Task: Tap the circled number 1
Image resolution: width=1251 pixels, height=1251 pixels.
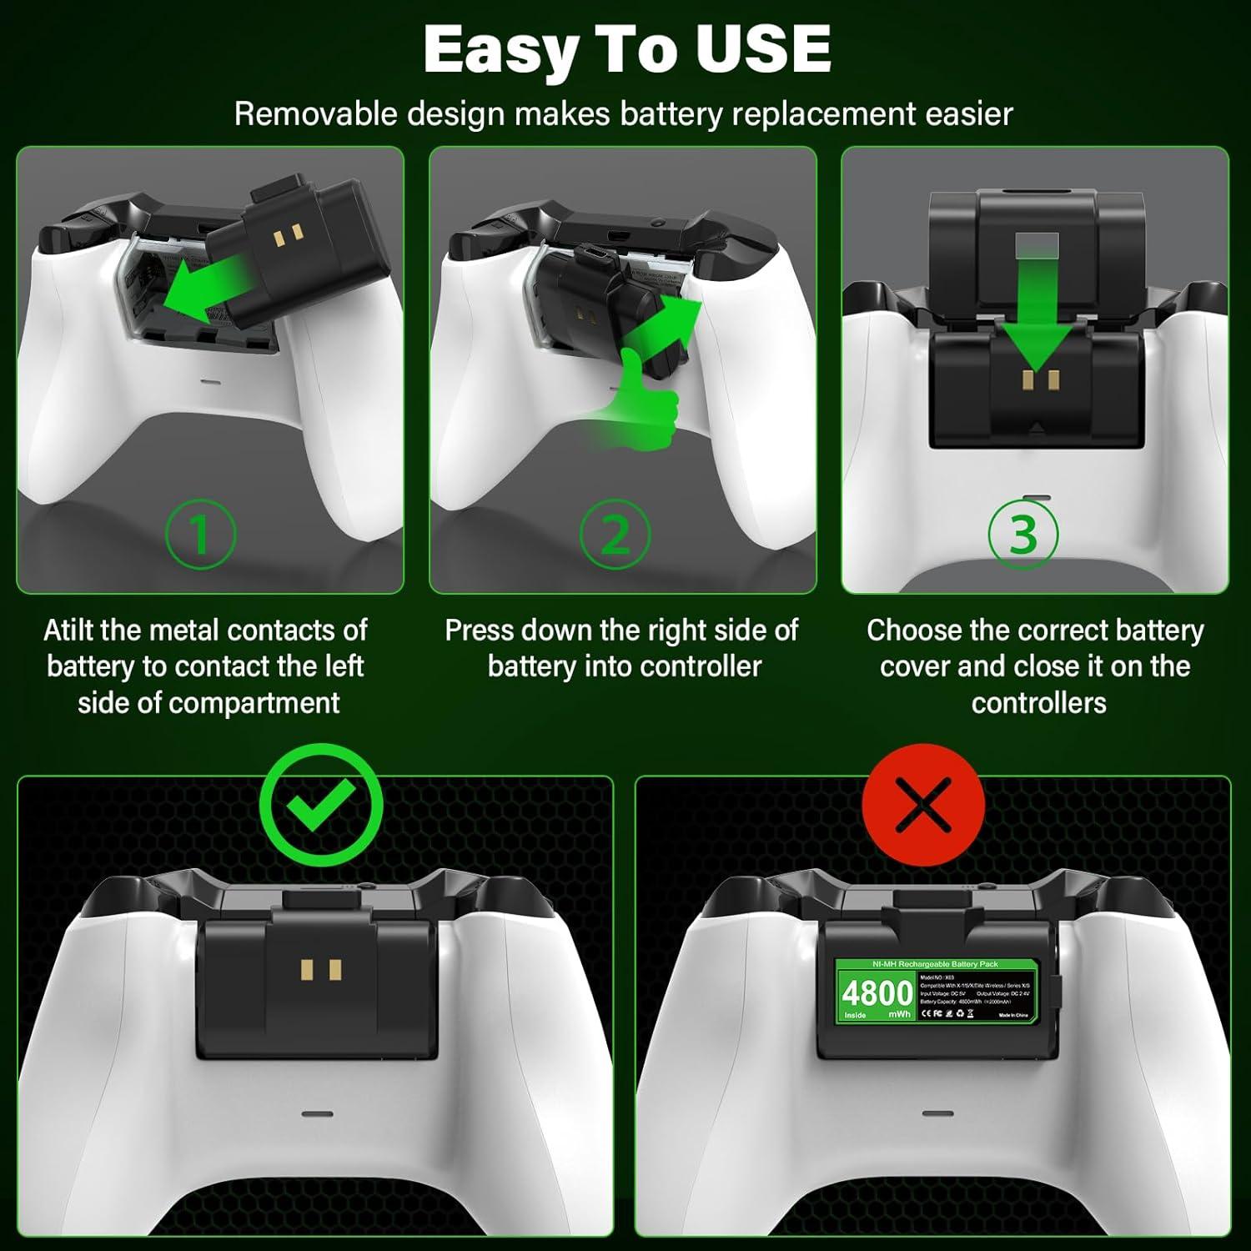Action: [200, 534]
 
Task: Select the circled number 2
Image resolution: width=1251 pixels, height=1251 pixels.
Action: [615, 534]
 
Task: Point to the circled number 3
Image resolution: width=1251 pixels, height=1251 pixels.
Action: [1023, 534]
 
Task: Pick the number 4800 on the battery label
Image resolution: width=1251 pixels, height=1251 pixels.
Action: [877, 993]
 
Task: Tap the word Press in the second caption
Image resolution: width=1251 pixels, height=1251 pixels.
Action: [477, 631]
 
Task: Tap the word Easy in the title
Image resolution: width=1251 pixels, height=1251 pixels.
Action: [500, 50]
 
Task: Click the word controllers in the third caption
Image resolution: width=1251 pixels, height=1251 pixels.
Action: [1038, 703]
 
